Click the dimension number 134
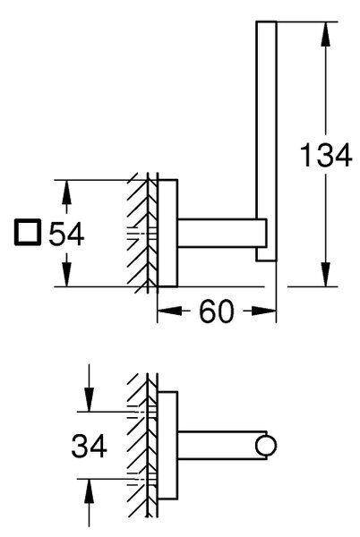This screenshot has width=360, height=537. pos(326,156)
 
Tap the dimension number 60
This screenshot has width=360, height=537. pos(217,311)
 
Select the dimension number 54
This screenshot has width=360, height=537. pos(66,234)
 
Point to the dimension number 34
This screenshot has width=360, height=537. pos(89,446)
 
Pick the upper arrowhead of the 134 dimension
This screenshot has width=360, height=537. pos(326,34)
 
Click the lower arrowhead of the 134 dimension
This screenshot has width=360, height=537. pos(326,275)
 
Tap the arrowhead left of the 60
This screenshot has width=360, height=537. pos(169,311)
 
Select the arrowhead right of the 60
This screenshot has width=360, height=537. pos(264,311)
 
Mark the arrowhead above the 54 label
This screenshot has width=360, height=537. pos(66,192)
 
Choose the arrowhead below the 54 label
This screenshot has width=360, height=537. pos(66,275)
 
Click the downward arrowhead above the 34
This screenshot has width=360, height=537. pos(89,399)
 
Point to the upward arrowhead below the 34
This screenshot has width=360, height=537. pos(89,491)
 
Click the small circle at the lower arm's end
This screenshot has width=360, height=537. pos(266,445)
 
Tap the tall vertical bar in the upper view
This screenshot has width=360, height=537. pos(267,141)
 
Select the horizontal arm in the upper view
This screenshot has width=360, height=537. pos(222,233)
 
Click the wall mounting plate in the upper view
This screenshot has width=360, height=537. pos(167,233)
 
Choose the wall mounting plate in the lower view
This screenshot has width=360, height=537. pos(167,445)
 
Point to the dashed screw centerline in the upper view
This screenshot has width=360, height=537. pos(141,234)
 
